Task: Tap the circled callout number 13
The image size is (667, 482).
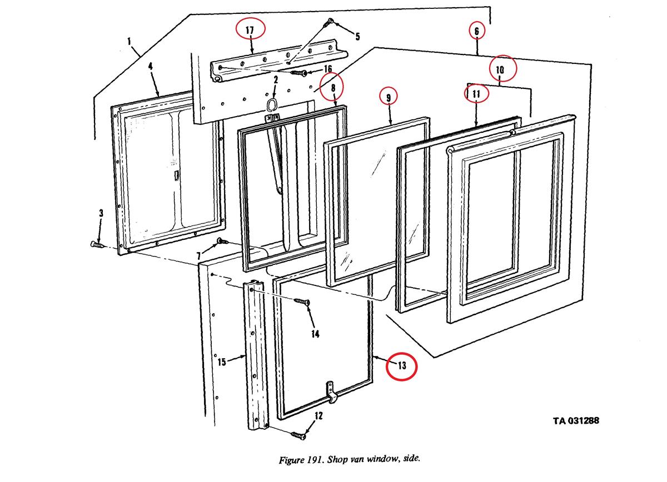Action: point(402,365)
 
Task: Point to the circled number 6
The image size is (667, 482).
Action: point(477,31)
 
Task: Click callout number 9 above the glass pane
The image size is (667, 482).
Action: point(389,97)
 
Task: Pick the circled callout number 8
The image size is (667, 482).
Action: point(333,87)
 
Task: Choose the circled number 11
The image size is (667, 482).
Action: point(476,94)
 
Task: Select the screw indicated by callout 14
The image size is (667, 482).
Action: point(304,302)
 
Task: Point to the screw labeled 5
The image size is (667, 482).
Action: point(330,22)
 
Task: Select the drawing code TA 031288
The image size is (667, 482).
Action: point(575,421)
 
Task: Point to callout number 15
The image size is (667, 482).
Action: point(221,363)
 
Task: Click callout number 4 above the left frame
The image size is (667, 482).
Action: point(150,66)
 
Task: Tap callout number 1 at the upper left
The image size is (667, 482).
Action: point(129,41)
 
